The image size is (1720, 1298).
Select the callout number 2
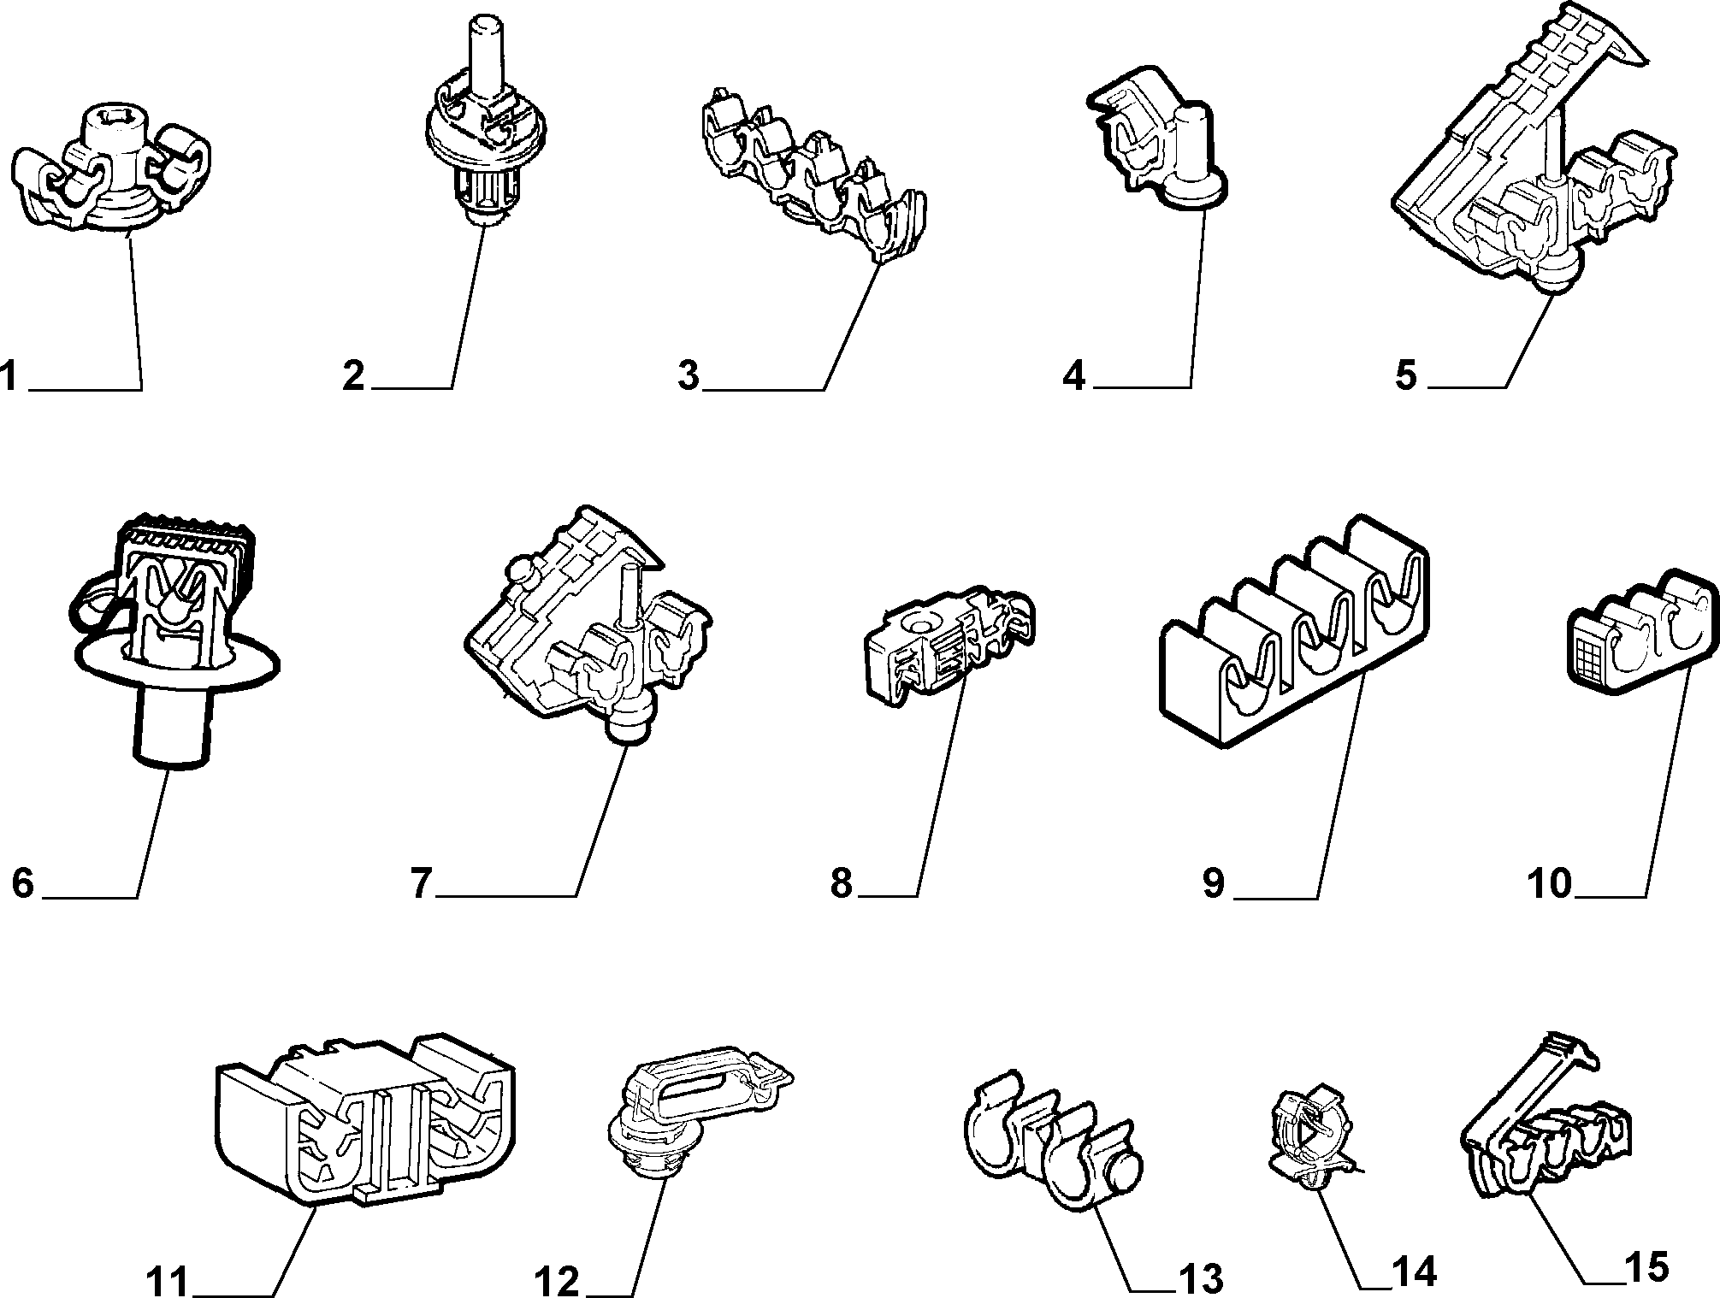[353, 376]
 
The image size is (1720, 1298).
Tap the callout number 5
[1406, 375]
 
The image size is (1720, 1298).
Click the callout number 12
[558, 1281]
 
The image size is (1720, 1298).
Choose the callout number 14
[1414, 1272]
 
